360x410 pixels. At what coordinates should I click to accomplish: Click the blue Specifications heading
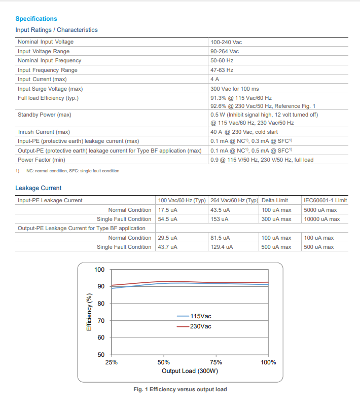coord(36,19)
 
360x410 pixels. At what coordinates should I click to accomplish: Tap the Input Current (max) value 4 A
coord(215,79)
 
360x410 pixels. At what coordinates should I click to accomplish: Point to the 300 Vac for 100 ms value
coord(234,89)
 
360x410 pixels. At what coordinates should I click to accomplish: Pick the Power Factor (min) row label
coord(41,160)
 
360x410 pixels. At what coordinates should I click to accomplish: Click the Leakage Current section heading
coord(39,188)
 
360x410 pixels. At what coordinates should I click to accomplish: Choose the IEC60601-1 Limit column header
coord(325,200)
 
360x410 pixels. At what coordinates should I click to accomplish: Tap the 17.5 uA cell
coord(168,210)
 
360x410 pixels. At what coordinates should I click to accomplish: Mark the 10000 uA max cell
coord(322,219)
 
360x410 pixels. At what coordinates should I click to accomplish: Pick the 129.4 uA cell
coord(222,247)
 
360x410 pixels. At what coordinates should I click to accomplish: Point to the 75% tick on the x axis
coord(216,362)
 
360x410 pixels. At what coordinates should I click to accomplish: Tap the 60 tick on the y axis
coord(101,338)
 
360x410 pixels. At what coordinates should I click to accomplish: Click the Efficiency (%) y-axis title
coord(89,312)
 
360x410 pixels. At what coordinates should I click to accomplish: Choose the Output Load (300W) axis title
coord(190,371)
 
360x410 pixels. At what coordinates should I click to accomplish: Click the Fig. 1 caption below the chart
coord(180,389)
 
